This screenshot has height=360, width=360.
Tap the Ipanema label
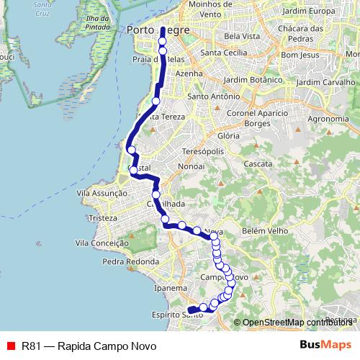(x=171, y=288)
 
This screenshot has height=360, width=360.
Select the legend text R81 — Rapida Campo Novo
(x=89, y=346)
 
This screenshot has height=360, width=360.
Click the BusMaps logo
(x=326, y=345)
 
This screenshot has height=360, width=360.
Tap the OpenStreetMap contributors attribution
(x=295, y=323)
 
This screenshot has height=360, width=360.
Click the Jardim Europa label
(x=310, y=12)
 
